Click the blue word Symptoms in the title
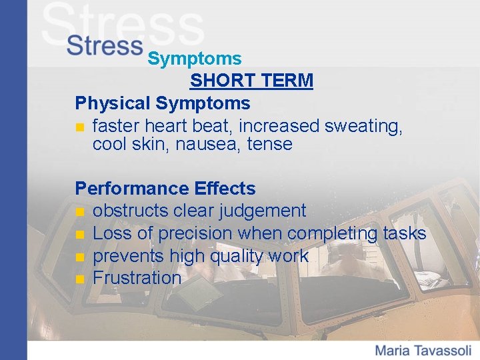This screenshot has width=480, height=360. pos(195,59)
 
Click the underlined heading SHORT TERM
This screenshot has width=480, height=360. pos(251,81)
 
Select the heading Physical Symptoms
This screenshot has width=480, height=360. pos(163,103)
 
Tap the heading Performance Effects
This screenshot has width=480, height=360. pos(165,189)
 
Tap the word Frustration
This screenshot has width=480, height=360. pos(137,278)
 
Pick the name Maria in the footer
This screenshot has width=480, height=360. pos(394,350)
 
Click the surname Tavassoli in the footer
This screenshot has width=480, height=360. pos(443,350)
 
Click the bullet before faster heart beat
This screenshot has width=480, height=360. pos(80,127)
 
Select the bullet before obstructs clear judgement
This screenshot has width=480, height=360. pos(80,212)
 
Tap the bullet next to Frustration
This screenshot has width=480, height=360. pos(80,279)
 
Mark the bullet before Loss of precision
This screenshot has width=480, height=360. pos(80,235)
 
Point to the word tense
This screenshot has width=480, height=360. pos(269,145)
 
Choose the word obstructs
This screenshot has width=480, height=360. pos(130,211)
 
